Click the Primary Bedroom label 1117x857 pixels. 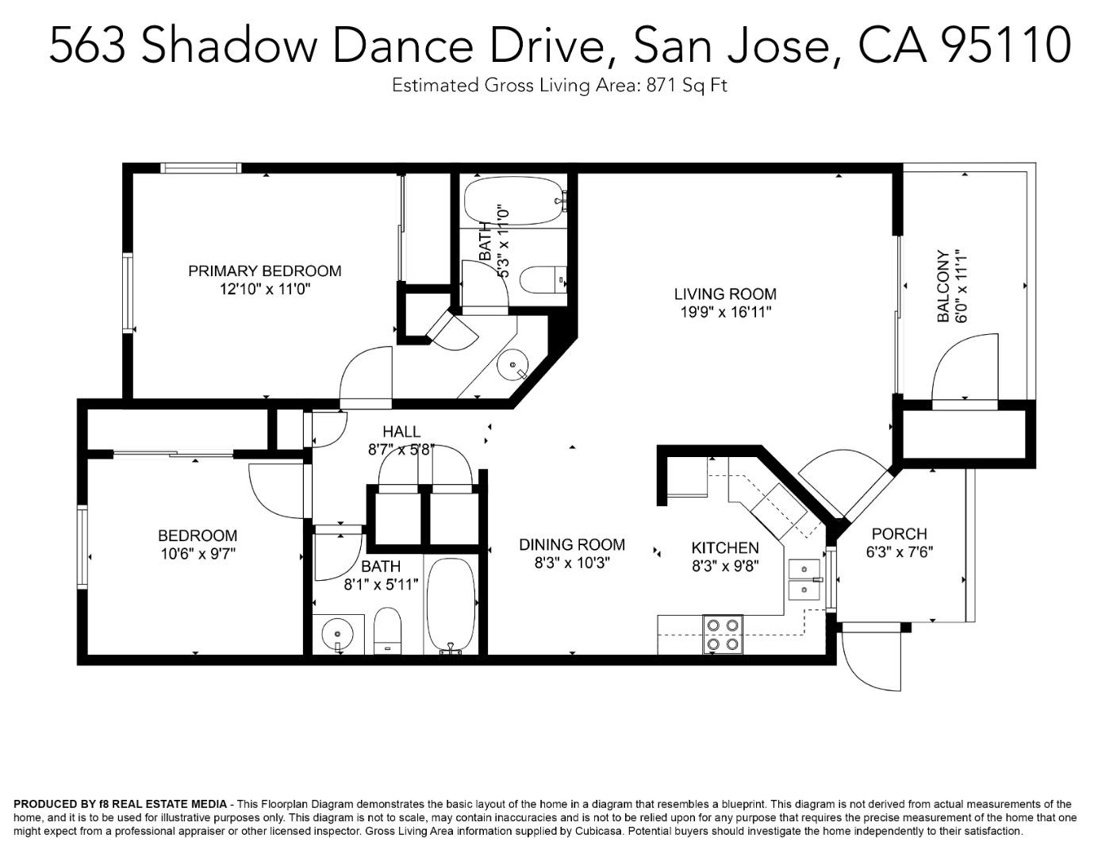(264, 271)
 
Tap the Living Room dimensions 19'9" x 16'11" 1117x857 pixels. (725, 313)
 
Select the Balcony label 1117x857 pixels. (943, 286)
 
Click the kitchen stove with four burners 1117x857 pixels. (723, 635)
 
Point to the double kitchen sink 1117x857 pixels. (804, 580)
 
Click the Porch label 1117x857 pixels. (899, 534)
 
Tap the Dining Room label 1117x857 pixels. (571, 545)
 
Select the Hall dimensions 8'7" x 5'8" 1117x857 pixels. (401, 450)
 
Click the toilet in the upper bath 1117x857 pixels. (541, 279)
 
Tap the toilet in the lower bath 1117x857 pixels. (387, 631)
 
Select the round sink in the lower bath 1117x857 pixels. (337, 634)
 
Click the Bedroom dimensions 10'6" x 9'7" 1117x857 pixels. (198, 554)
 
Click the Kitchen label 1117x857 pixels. (724, 548)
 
